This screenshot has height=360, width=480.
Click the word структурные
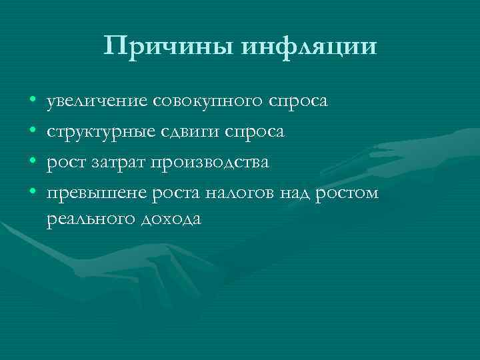pos(98,132)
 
